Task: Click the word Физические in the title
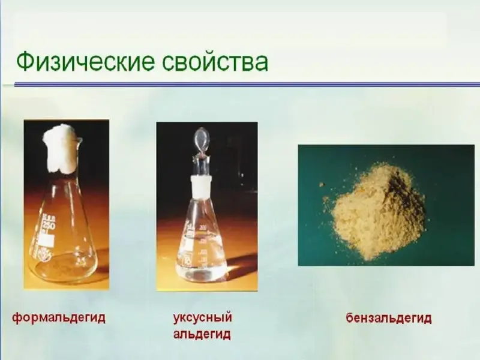[85, 61]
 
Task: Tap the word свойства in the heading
[215, 62]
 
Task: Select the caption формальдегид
[59, 318]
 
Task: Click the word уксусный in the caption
[202, 317]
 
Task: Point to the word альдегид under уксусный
[202, 334]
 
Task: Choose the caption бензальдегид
[389, 318]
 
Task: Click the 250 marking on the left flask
[49, 226]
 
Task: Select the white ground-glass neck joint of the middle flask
[202, 185]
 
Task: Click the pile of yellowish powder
[374, 212]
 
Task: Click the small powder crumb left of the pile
[322, 184]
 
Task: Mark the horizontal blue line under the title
[247, 85]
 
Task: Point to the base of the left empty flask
[64, 265]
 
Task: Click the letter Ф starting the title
[25, 62]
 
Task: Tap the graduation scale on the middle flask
[202, 245]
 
